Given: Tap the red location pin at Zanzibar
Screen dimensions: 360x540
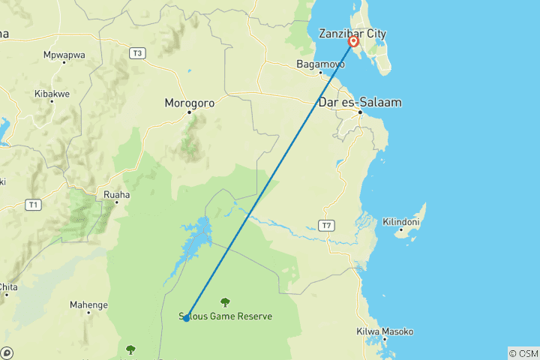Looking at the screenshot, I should pos(353,41).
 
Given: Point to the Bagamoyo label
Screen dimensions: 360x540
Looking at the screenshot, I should pos(320,64).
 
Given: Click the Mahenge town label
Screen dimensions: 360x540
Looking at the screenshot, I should pos(88,305).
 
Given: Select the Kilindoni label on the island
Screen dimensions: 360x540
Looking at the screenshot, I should pos(401,223).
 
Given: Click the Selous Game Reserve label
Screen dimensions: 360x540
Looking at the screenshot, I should pos(226,316).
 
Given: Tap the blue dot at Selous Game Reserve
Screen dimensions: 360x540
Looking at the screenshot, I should pos(186,318).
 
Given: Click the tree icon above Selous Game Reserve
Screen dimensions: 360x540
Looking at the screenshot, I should pos(225,302).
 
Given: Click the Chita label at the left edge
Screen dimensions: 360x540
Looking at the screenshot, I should pos(8,286).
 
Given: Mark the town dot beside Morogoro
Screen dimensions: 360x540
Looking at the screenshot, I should pos(190,112).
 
